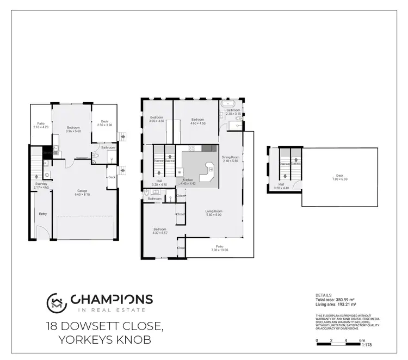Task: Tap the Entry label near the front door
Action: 43,214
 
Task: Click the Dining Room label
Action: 231,159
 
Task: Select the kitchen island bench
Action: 206,172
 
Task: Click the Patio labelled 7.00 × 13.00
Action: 220,248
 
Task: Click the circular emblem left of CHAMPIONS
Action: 57,302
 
